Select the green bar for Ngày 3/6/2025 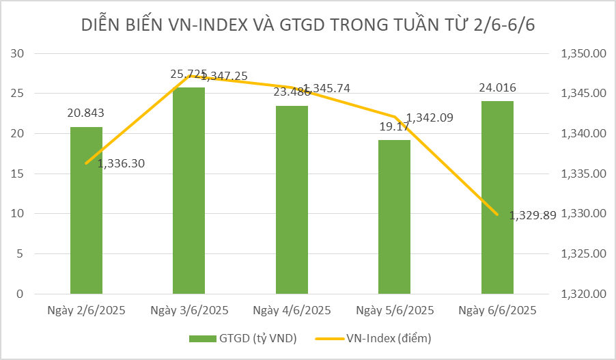(x=189, y=191)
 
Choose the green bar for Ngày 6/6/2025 (x=497, y=198)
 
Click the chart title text (x=307, y=25)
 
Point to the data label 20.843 (x=85, y=113)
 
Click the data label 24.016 (x=497, y=87)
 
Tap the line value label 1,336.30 (x=122, y=163)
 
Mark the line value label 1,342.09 (x=430, y=117)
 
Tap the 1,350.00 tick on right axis (x=583, y=53)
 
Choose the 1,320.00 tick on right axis (x=583, y=294)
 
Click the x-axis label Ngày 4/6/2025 (x=292, y=310)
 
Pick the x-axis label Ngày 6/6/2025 (x=497, y=310)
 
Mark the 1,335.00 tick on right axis (x=583, y=174)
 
